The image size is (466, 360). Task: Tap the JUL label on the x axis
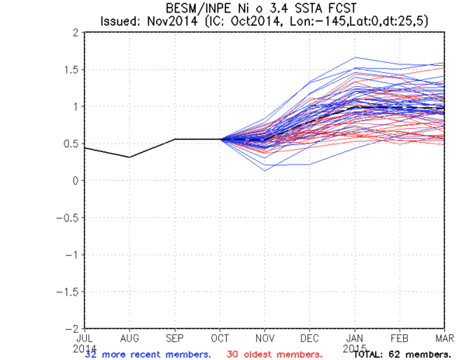[84, 337]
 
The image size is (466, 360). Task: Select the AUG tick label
[130, 337]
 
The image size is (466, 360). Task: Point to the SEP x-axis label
[175, 337]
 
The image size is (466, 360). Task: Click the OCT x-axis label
[220, 337]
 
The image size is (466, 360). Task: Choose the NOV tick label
[265, 337]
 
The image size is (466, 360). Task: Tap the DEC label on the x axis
[310, 337]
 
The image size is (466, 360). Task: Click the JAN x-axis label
[355, 337]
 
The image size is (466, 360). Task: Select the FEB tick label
[400, 337]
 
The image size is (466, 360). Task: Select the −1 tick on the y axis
[71, 254]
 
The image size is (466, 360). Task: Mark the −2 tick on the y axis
[71, 328]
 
